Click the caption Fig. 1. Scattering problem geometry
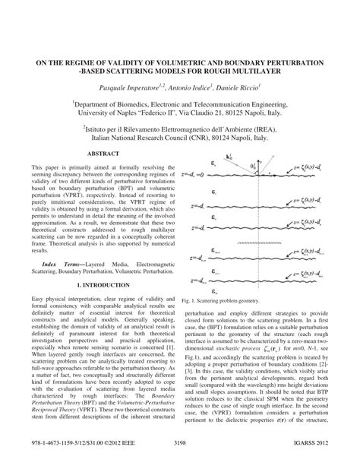pyautogui.click(x=227, y=301)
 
